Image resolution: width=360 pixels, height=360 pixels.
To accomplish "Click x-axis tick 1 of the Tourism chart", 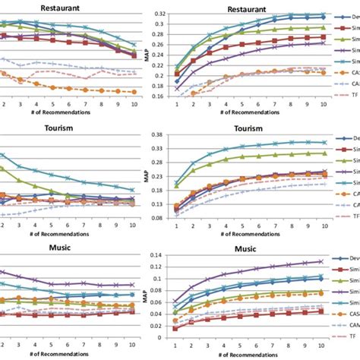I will click(x=177, y=225).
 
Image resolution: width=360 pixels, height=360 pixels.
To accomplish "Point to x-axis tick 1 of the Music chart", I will click(x=177, y=343).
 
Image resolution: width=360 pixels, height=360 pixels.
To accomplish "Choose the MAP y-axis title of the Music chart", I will click(x=146, y=295).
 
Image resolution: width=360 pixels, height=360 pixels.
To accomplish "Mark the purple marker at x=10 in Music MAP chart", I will click(x=324, y=262).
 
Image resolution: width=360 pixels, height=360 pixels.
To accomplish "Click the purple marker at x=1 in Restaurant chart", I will click(x=177, y=89).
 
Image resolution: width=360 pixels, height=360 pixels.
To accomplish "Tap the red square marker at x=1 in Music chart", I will click(x=177, y=328).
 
